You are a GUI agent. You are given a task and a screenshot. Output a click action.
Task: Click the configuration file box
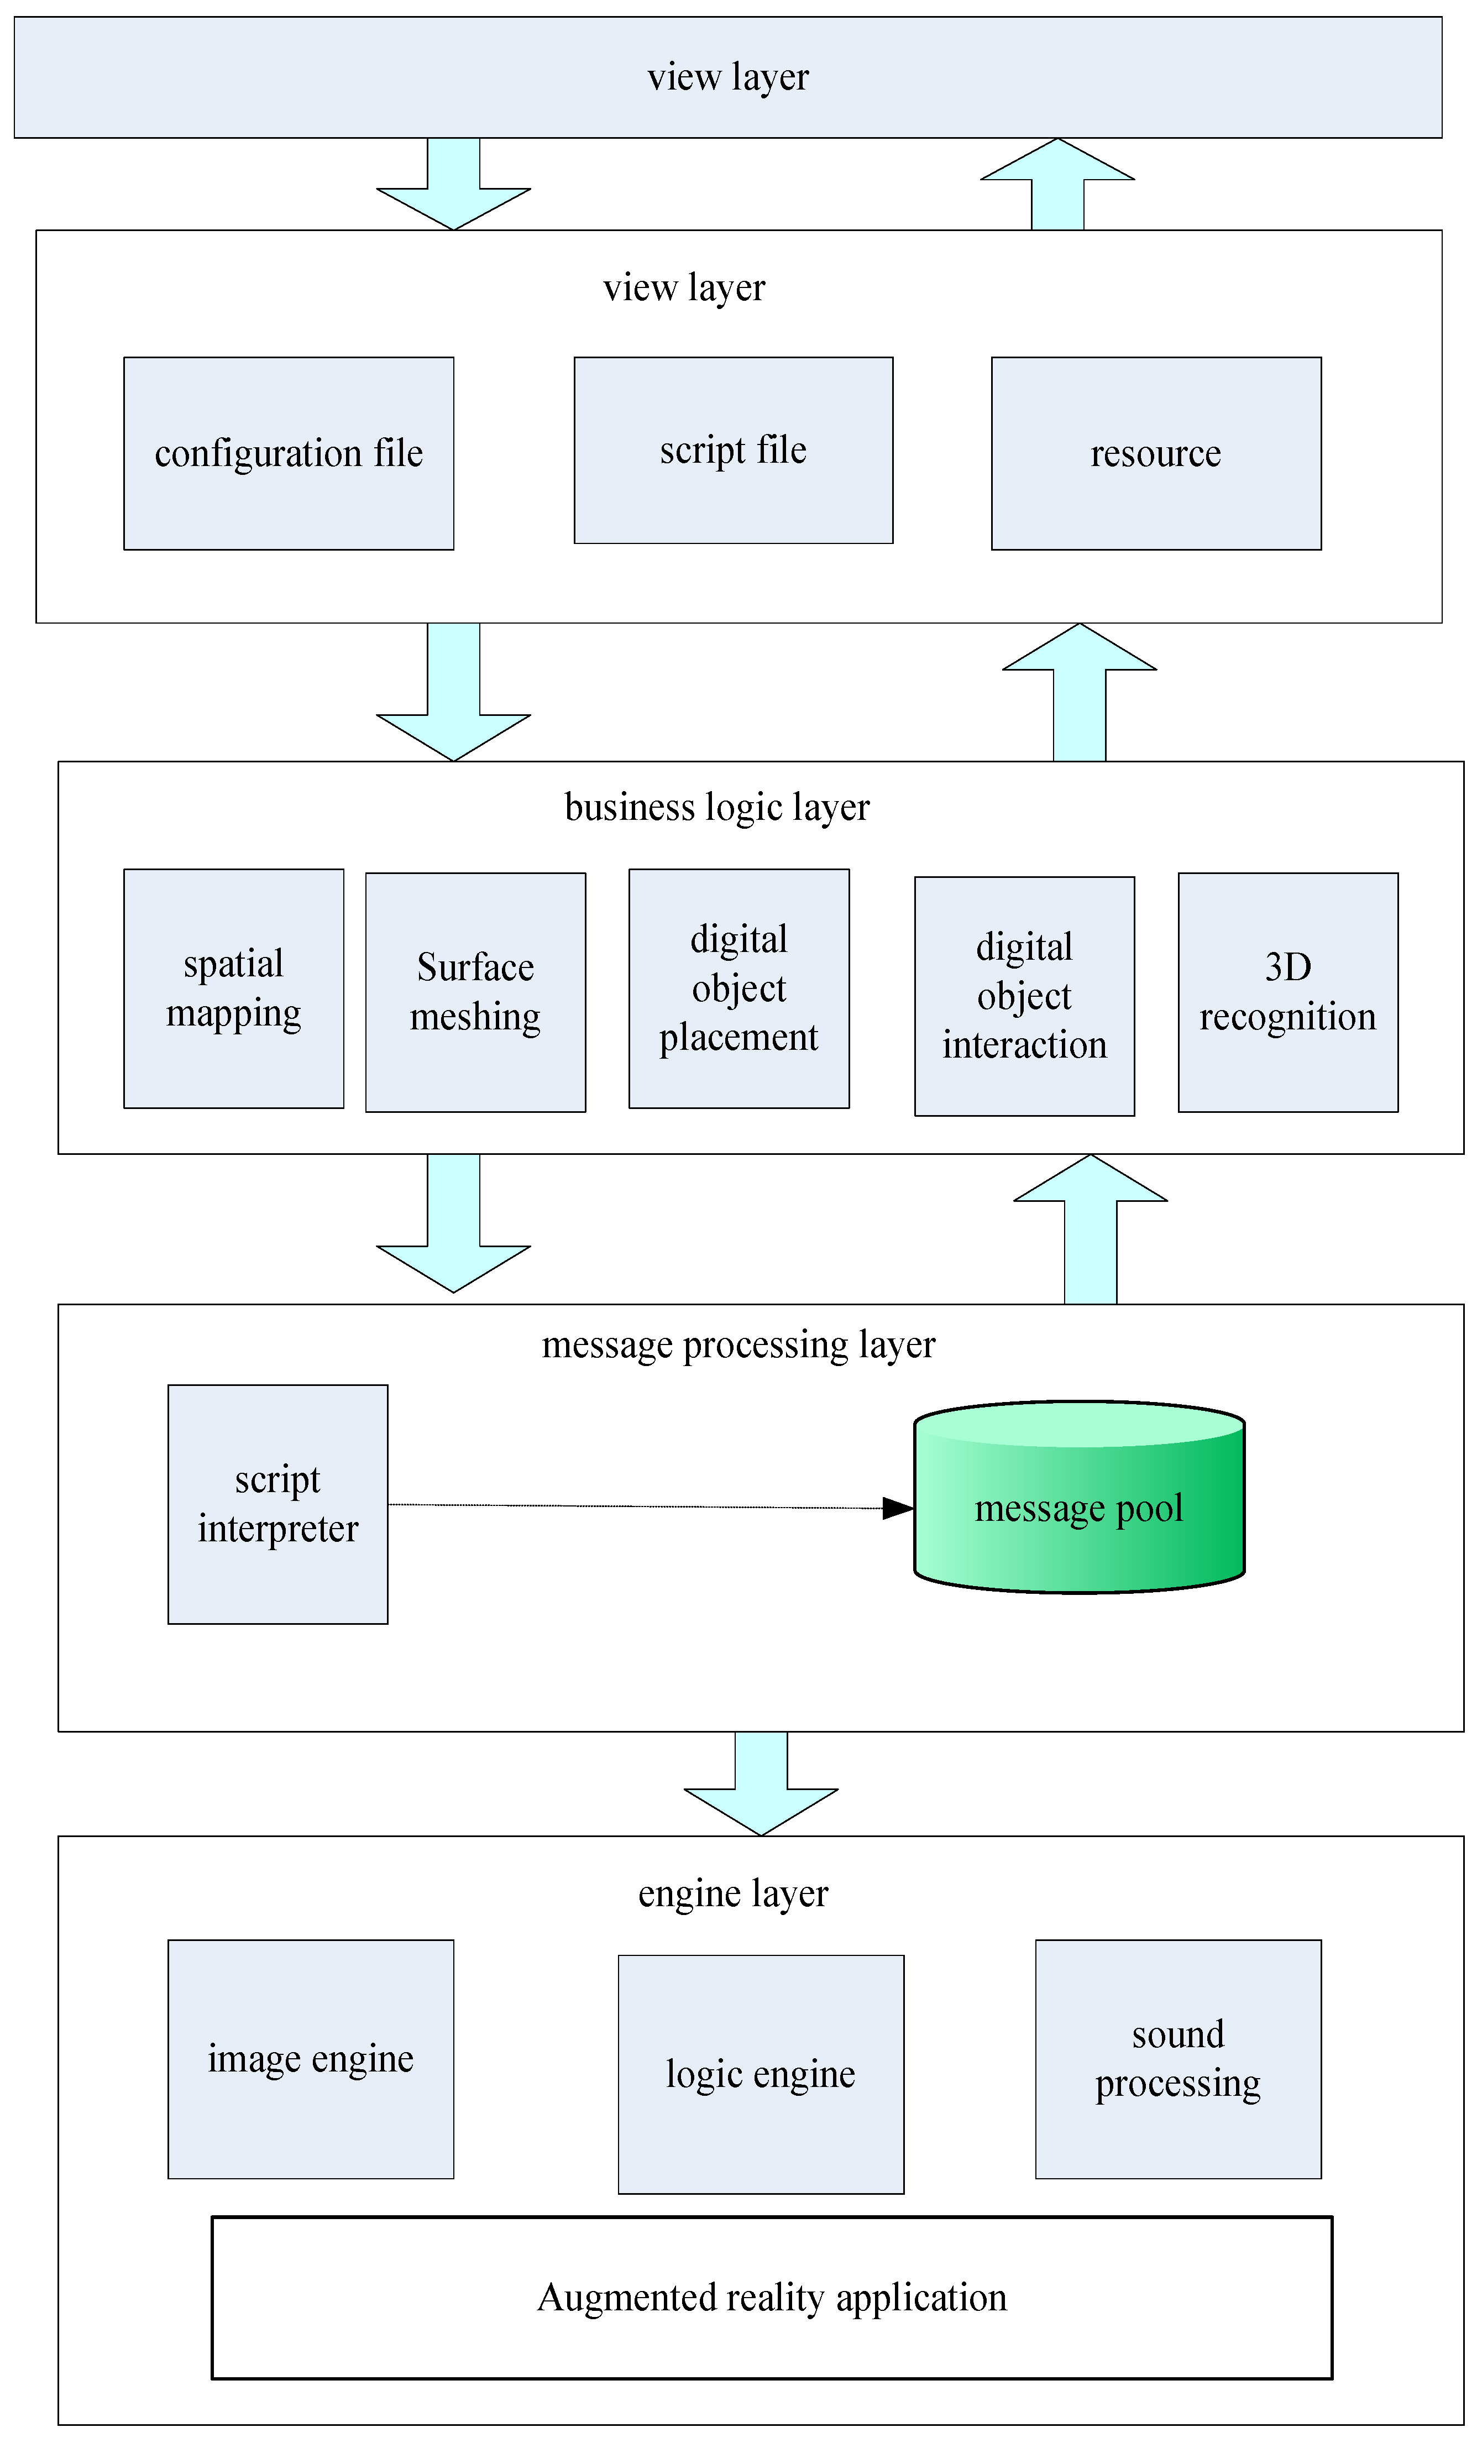(x=289, y=453)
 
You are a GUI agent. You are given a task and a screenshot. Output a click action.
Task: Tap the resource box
(x=1156, y=453)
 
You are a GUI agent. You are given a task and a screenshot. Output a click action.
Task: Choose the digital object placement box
(x=738, y=988)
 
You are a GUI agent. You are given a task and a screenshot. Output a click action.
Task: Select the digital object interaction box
(x=1024, y=996)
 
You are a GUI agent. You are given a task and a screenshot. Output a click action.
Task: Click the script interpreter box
(x=277, y=1504)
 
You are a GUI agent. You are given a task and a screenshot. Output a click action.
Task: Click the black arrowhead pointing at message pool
(x=897, y=1508)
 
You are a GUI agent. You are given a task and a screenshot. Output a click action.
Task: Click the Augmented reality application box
(x=771, y=2297)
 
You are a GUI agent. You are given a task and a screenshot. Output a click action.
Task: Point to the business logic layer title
(x=717, y=807)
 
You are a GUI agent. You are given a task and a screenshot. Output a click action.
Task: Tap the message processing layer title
(x=738, y=1345)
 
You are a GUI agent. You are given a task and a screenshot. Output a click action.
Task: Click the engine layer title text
(x=732, y=1893)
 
